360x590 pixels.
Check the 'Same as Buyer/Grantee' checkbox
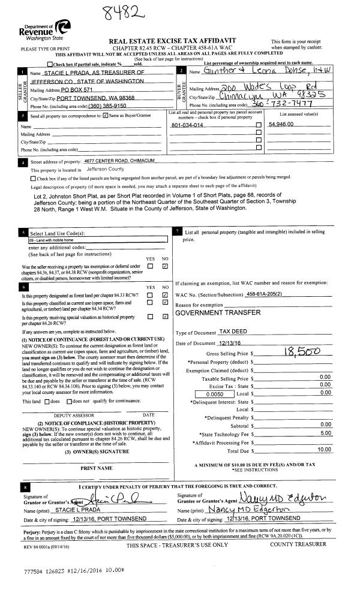click(x=106, y=115)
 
